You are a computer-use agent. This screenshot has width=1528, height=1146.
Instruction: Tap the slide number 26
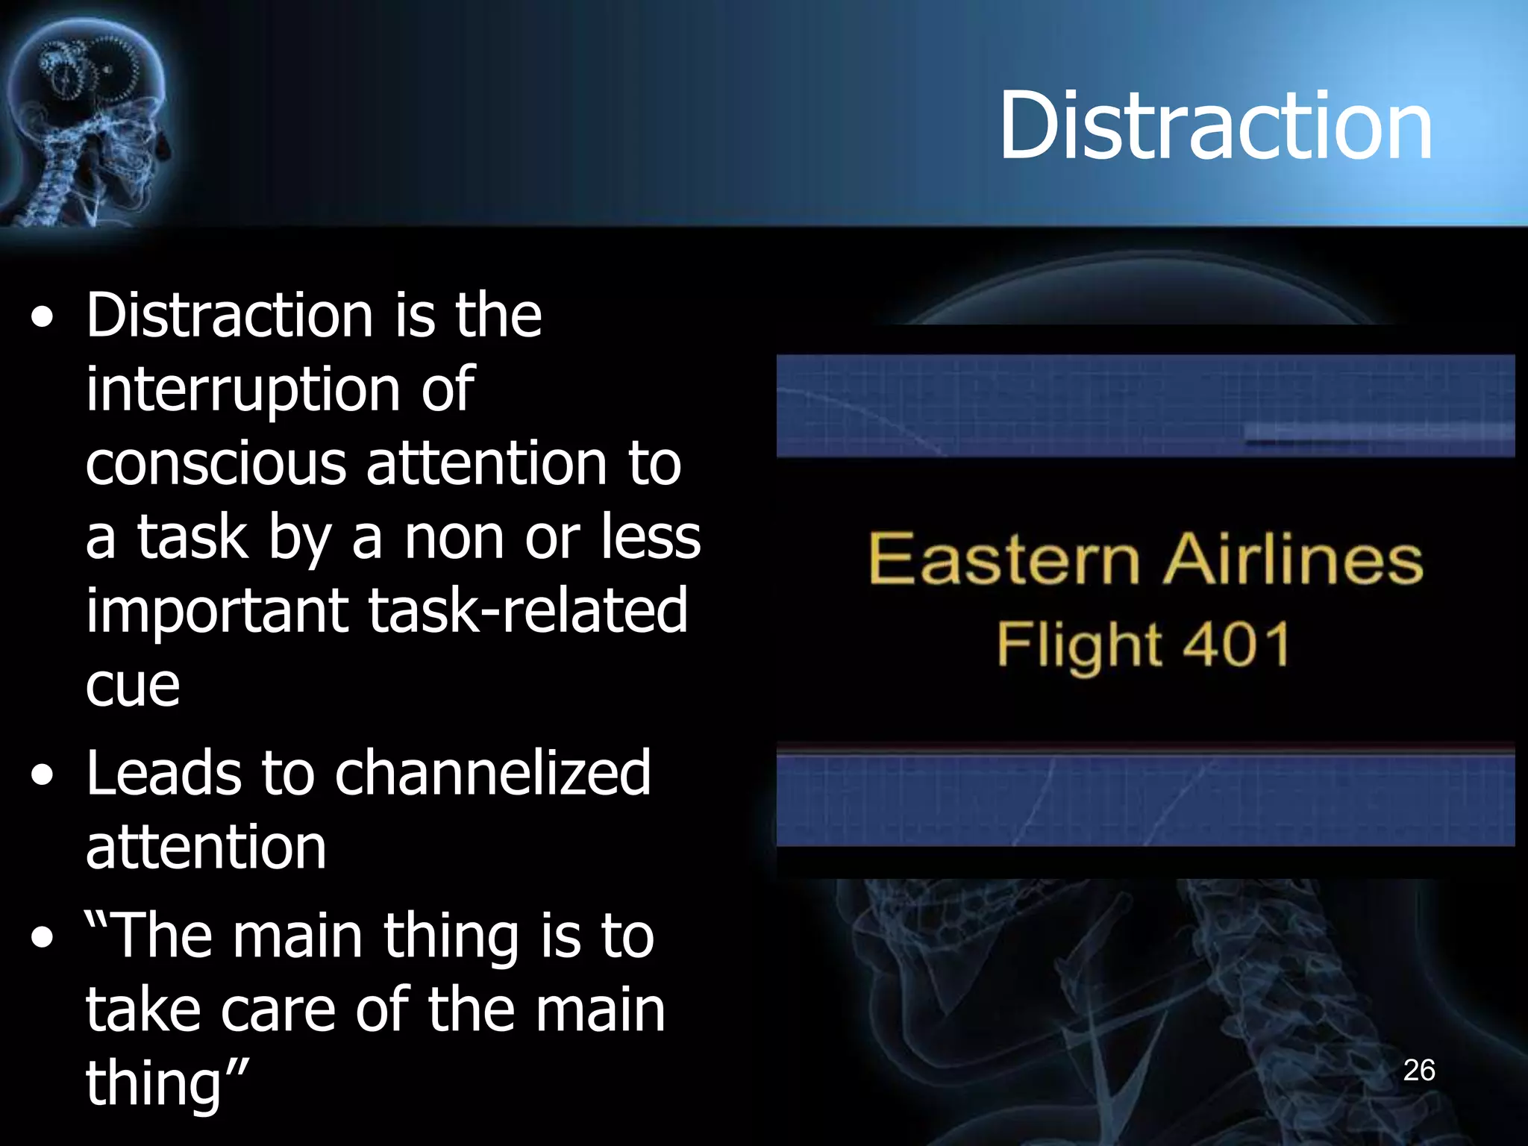click(x=1419, y=1071)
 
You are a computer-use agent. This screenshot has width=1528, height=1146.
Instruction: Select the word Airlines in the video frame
click(x=1293, y=559)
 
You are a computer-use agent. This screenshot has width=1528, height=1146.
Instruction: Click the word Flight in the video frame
click(x=1079, y=646)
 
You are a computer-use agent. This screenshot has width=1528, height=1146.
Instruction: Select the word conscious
click(x=216, y=463)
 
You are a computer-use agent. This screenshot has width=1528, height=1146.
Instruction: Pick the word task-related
click(x=527, y=610)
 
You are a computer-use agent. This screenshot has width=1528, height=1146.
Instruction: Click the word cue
click(x=133, y=685)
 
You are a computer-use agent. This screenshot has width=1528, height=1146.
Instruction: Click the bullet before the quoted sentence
click(x=43, y=938)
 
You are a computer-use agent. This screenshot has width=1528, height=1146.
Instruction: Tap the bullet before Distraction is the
click(x=43, y=318)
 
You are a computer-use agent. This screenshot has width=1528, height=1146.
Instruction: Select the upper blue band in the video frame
click(x=1145, y=405)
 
